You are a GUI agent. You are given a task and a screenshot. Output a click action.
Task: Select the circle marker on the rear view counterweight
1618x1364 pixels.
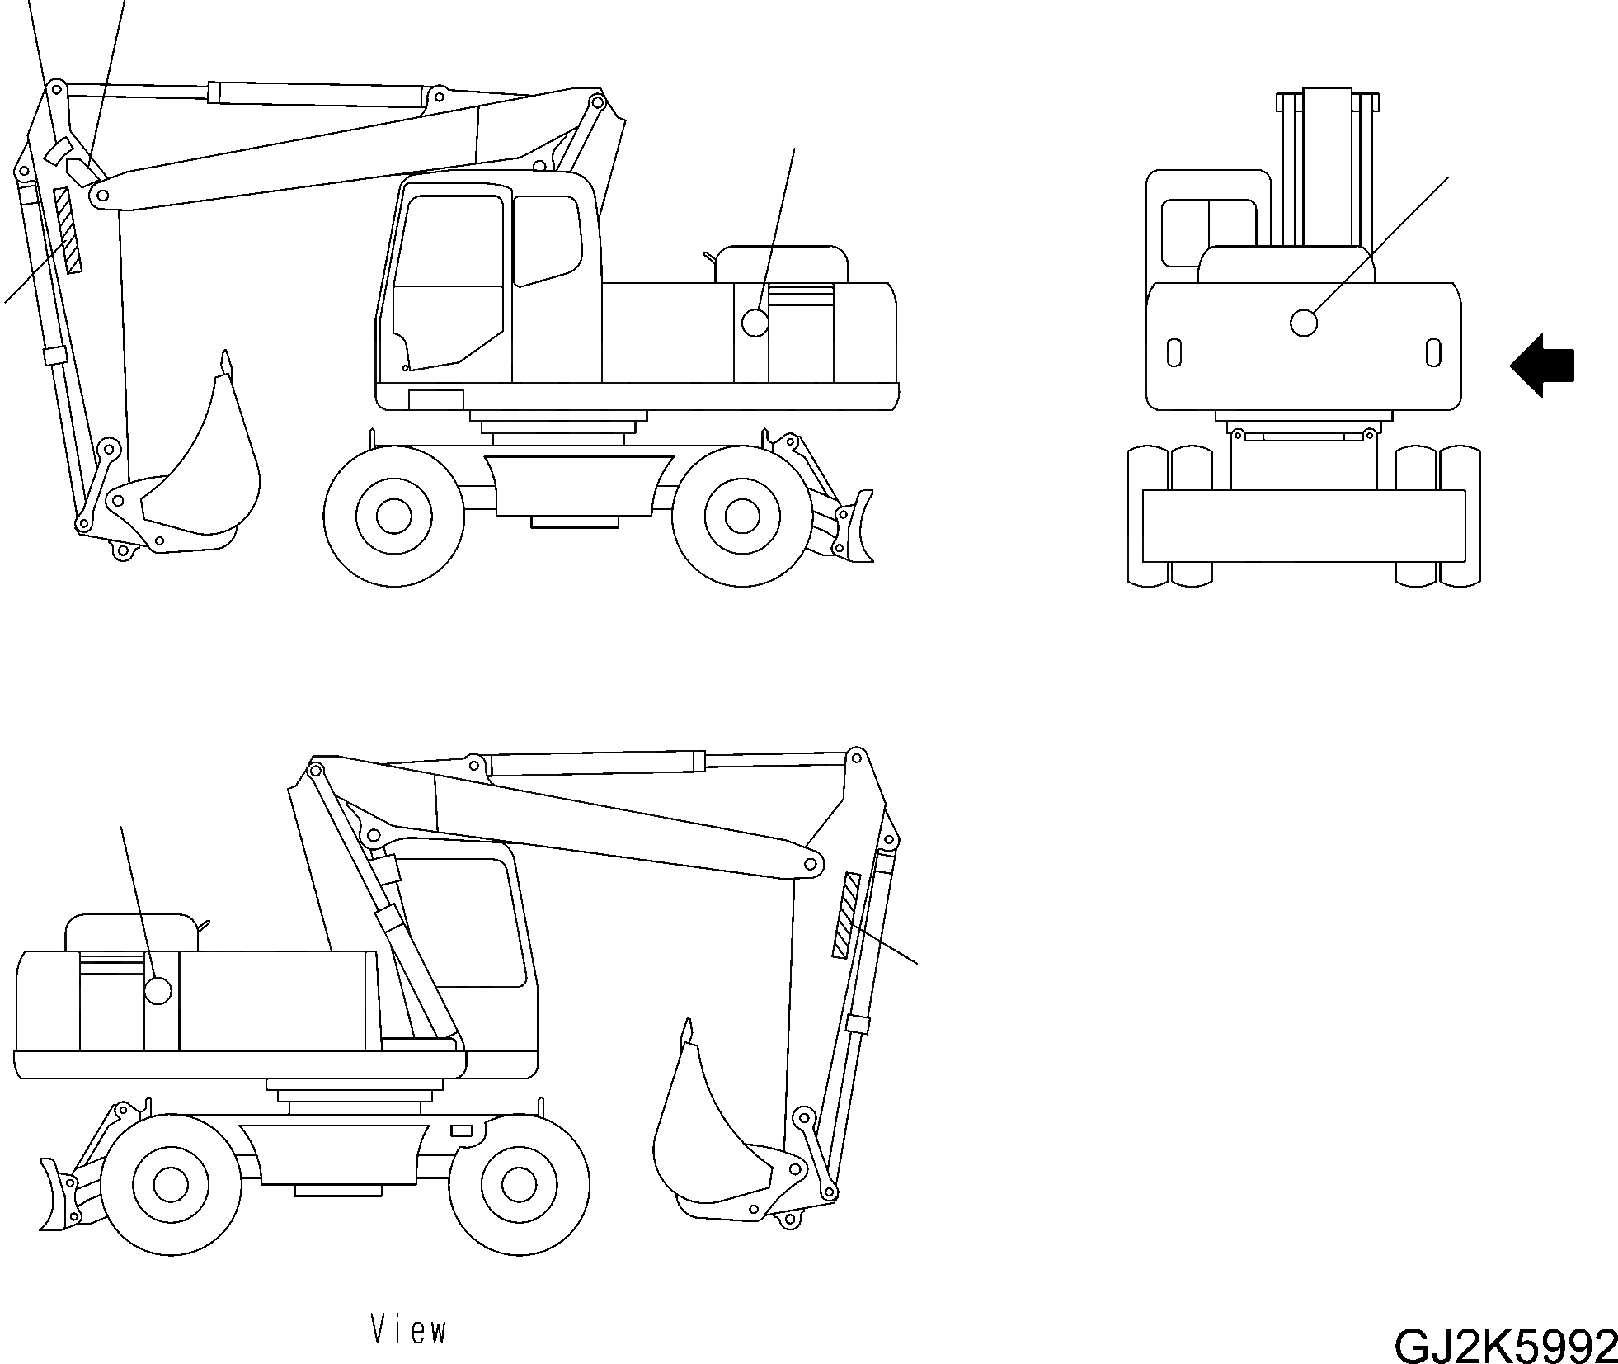pos(1303,323)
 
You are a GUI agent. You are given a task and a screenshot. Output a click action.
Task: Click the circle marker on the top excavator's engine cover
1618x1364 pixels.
pos(755,322)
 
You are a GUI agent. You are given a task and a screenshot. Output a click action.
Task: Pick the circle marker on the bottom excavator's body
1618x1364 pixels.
pos(157,990)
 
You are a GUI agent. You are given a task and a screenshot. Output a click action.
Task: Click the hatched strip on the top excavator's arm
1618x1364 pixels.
pos(68,229)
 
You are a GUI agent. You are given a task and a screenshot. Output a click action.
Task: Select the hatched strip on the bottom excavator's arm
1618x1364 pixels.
pos(845,915)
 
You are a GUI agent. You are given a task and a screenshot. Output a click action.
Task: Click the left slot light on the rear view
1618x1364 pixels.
pos(1174,353)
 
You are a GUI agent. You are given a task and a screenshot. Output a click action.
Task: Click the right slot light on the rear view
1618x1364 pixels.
pos(1432,352)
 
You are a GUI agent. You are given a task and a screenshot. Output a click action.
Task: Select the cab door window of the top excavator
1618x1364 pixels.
pos(449,281)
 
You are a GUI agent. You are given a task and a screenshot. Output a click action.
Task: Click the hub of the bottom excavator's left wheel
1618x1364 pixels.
pos(171,1184)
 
